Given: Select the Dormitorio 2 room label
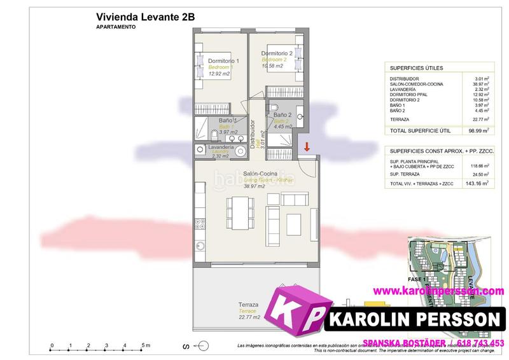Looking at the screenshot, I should pyautogui.click(x=277, y=53).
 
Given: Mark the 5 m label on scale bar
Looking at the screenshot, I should pyautogui.click(x=146, y=345).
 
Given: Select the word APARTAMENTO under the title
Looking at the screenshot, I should pyautogui.click(x=118, y=28).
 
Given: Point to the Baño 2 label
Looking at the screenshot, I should pyautogui.click(x=282, y=114).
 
